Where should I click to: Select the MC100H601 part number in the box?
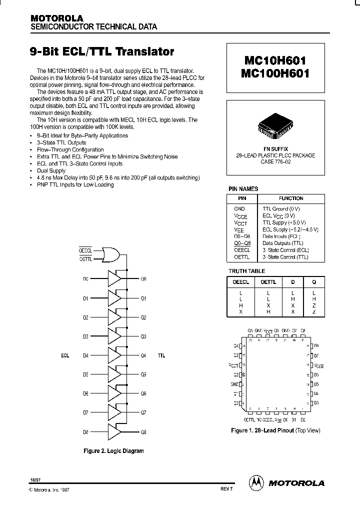pos(276,73)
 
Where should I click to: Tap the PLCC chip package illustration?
pos(275,127)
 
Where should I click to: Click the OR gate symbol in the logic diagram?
pos(110,254)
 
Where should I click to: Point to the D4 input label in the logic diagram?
pos(85,355)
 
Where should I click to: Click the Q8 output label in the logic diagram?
pos(143,432)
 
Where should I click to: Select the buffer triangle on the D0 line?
pos(114,278)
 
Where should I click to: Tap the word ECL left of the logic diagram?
pos(65,355)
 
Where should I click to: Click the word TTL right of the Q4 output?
pos(161,355)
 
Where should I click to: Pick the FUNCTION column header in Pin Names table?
pos(291,198)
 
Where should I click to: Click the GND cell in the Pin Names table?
pos(239,208)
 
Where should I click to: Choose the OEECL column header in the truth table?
pos(241,282)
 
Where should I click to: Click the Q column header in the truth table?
pos(314,282)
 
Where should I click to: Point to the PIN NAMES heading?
pos(243,189)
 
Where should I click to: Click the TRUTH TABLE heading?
pos(247,271)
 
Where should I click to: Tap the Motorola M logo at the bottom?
pos(256,482)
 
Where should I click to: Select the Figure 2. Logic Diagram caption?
pos(113,450)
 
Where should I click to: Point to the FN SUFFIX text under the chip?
pos(275,149)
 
